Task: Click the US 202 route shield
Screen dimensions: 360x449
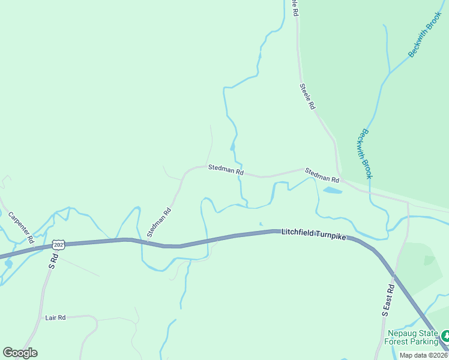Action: tap(58, 245)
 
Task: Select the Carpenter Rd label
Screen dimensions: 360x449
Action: tap(20, 227)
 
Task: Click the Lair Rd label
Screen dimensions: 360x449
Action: tap(55, 317)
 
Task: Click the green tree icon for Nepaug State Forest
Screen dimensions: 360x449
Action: tap(444, 335)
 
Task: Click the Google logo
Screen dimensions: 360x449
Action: tap(20, 353)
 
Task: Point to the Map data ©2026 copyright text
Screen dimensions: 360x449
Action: tap(424, 355)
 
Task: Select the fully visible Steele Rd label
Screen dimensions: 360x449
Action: tap(307, 96)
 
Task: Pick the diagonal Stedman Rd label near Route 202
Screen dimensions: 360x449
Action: tap(159, 222)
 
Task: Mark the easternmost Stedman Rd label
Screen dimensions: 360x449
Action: tap(322, 175)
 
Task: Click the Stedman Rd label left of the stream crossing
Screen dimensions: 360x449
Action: tap(226, 170)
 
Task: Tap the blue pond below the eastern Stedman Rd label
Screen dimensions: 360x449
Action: tap(332, 191)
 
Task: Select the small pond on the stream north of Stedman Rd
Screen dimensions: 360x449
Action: tap(232, 146)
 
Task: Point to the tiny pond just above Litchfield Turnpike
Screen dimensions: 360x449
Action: tap(260, 224)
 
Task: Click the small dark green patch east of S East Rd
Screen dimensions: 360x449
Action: tap(429, 260)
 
